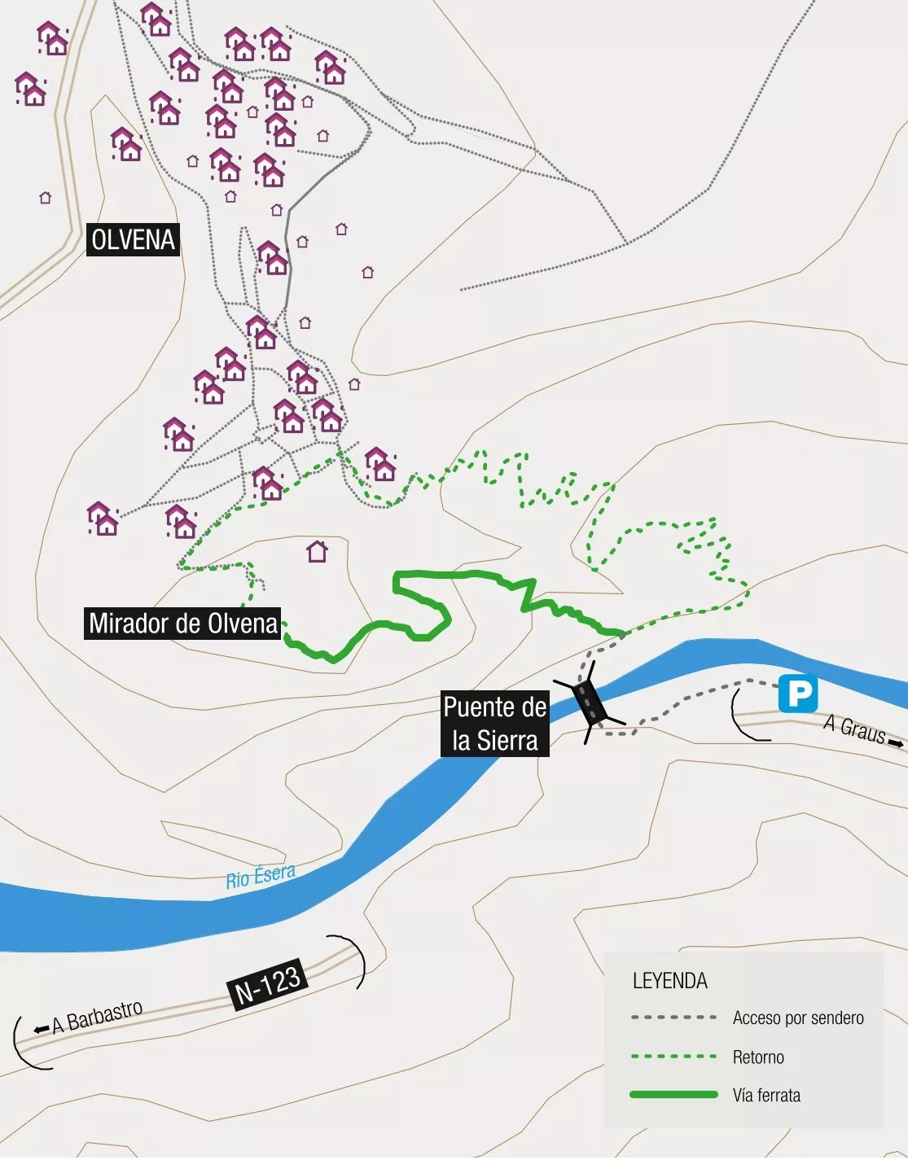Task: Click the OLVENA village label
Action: click(x=133, y=240)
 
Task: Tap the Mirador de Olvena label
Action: click(x=183, y=624)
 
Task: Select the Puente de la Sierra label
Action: click(x=495, y=724)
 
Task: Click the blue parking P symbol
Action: click(x=798, y=694)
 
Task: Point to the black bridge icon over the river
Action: click(x=590, y=703)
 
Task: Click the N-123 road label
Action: click(x=268, y=983)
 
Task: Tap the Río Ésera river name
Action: click(x=261, y=876)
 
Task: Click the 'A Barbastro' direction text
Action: click(x=97, y=1016)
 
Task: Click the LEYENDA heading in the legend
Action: click(x=669, y=981)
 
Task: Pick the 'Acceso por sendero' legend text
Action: click(x=797, y=1018)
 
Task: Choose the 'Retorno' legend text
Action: click(x=758, y=1057)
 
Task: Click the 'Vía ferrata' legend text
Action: click(x=766, y=1096)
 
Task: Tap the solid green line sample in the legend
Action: click(x=673, y=1095)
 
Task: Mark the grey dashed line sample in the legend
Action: click(x=673, y=1018)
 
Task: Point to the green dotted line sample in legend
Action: click(x=673, y=1057)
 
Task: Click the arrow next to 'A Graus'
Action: click(x=896, y=743)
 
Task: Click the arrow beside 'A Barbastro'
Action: click(x=41, y=1029)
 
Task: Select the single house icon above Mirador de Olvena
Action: click(x=317, y=552)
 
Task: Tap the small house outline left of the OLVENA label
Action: click(x=46, y=198)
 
